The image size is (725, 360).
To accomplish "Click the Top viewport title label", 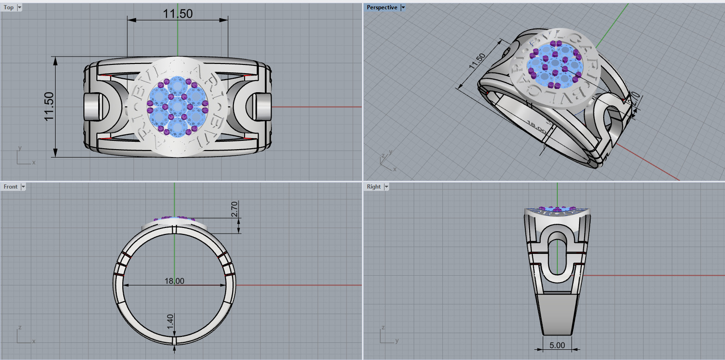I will tap(8, 7).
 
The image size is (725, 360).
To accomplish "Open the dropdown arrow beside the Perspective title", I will tap(403, 7).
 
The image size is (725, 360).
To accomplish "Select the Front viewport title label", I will tap(10, 187).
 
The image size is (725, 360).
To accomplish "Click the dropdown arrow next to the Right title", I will tap(386, 187).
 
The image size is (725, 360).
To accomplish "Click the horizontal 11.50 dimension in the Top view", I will tap(177, 14).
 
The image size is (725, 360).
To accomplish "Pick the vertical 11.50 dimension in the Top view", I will tap(49, 107).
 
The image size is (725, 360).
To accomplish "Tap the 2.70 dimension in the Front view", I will tap(234, 209).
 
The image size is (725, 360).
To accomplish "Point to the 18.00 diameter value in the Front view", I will tap(174, 281).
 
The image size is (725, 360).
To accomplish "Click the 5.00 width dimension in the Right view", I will tap(557, 345).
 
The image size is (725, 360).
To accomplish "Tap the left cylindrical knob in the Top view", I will tap(93, 107).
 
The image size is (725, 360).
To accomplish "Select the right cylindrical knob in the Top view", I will tap(262, 107).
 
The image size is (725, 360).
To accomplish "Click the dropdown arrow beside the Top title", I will tap(19, 7).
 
